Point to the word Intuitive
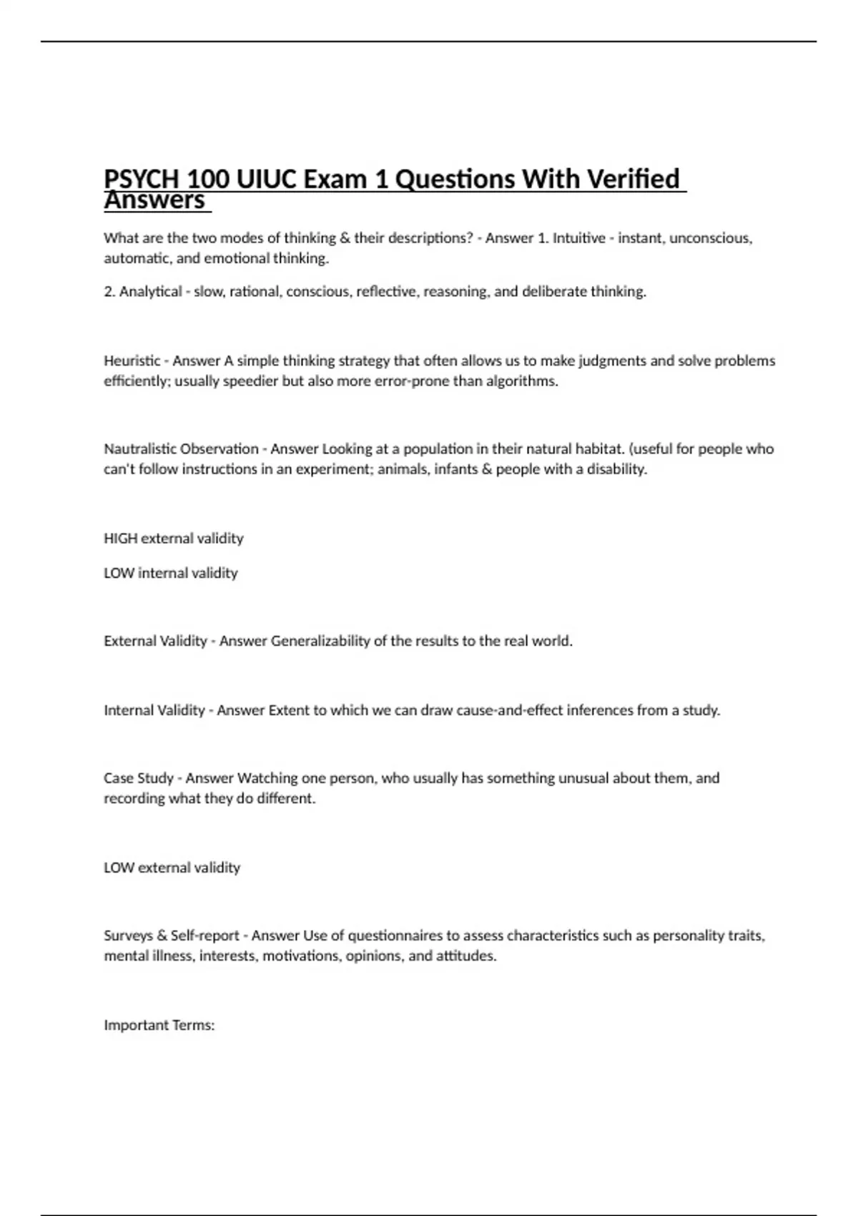tap(578, 238)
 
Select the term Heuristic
tap(132, 361)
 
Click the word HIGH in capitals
tap(120, 539)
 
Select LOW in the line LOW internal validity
tap(119, 573)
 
